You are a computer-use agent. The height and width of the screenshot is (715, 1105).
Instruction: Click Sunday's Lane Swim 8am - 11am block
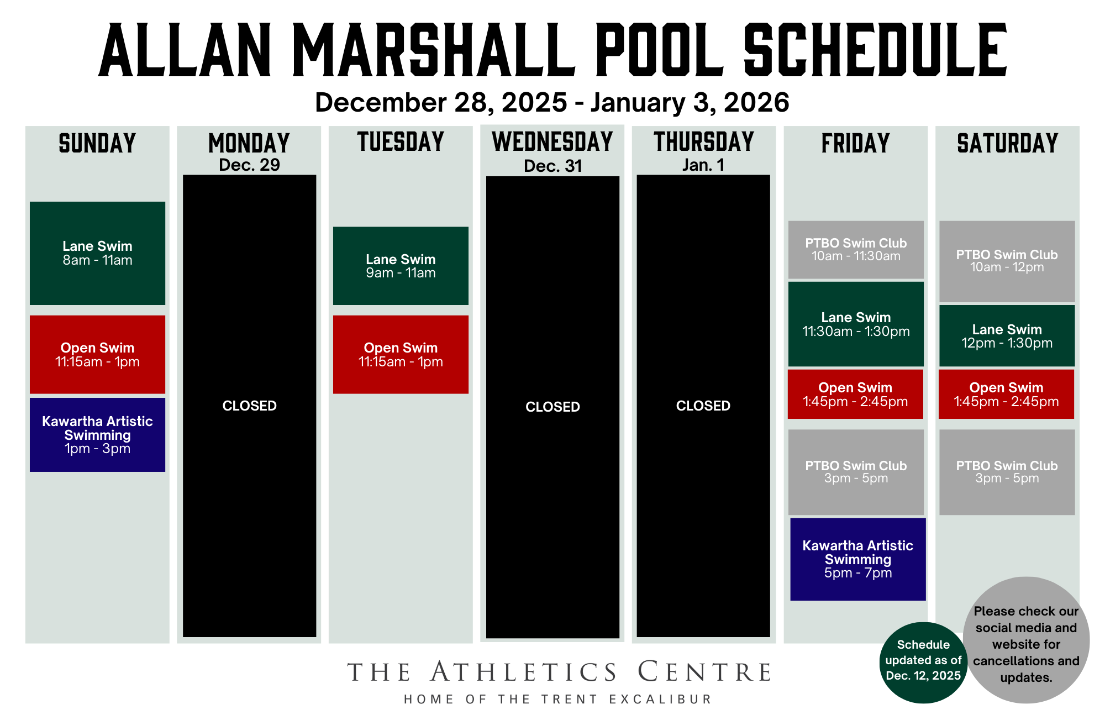[97, 253]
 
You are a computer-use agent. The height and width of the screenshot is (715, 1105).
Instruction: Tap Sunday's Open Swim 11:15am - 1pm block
[97, 354]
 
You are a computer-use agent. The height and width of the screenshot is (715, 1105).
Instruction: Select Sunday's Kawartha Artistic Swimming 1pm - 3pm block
[97, 434]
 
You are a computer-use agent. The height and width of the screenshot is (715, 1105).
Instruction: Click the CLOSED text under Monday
[249, 406]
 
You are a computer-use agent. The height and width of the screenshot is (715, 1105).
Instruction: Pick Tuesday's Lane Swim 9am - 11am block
[401, 266]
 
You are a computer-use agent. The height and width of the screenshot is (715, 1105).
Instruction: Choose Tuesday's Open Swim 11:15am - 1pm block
[401, 354]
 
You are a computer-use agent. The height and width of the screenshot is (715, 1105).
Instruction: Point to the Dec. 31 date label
[552, 166]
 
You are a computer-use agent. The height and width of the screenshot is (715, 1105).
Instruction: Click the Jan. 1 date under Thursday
[703, 165]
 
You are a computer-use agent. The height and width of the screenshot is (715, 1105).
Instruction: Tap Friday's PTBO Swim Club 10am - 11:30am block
[856, 249]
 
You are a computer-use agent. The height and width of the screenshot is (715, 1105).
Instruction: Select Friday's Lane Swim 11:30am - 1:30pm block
[856, 324]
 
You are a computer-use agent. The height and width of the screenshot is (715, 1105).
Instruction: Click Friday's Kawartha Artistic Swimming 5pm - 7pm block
[857, 559]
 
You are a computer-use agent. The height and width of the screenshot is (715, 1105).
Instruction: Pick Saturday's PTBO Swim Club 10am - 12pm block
[1007, 261]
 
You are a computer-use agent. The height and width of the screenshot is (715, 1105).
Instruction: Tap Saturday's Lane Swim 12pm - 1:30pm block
[1007, 335]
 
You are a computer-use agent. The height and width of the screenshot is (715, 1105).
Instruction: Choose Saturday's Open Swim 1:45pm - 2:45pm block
[1006, 394]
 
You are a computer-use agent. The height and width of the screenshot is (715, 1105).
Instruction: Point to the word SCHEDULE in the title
[875, 51]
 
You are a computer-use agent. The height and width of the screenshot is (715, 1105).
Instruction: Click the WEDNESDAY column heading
[552, 141]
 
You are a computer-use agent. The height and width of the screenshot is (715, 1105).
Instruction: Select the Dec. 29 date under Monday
[249, 165]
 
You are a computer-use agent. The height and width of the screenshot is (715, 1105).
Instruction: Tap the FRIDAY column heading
[855, 143]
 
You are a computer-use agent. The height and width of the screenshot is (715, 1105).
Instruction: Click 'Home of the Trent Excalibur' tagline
[558, 699]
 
